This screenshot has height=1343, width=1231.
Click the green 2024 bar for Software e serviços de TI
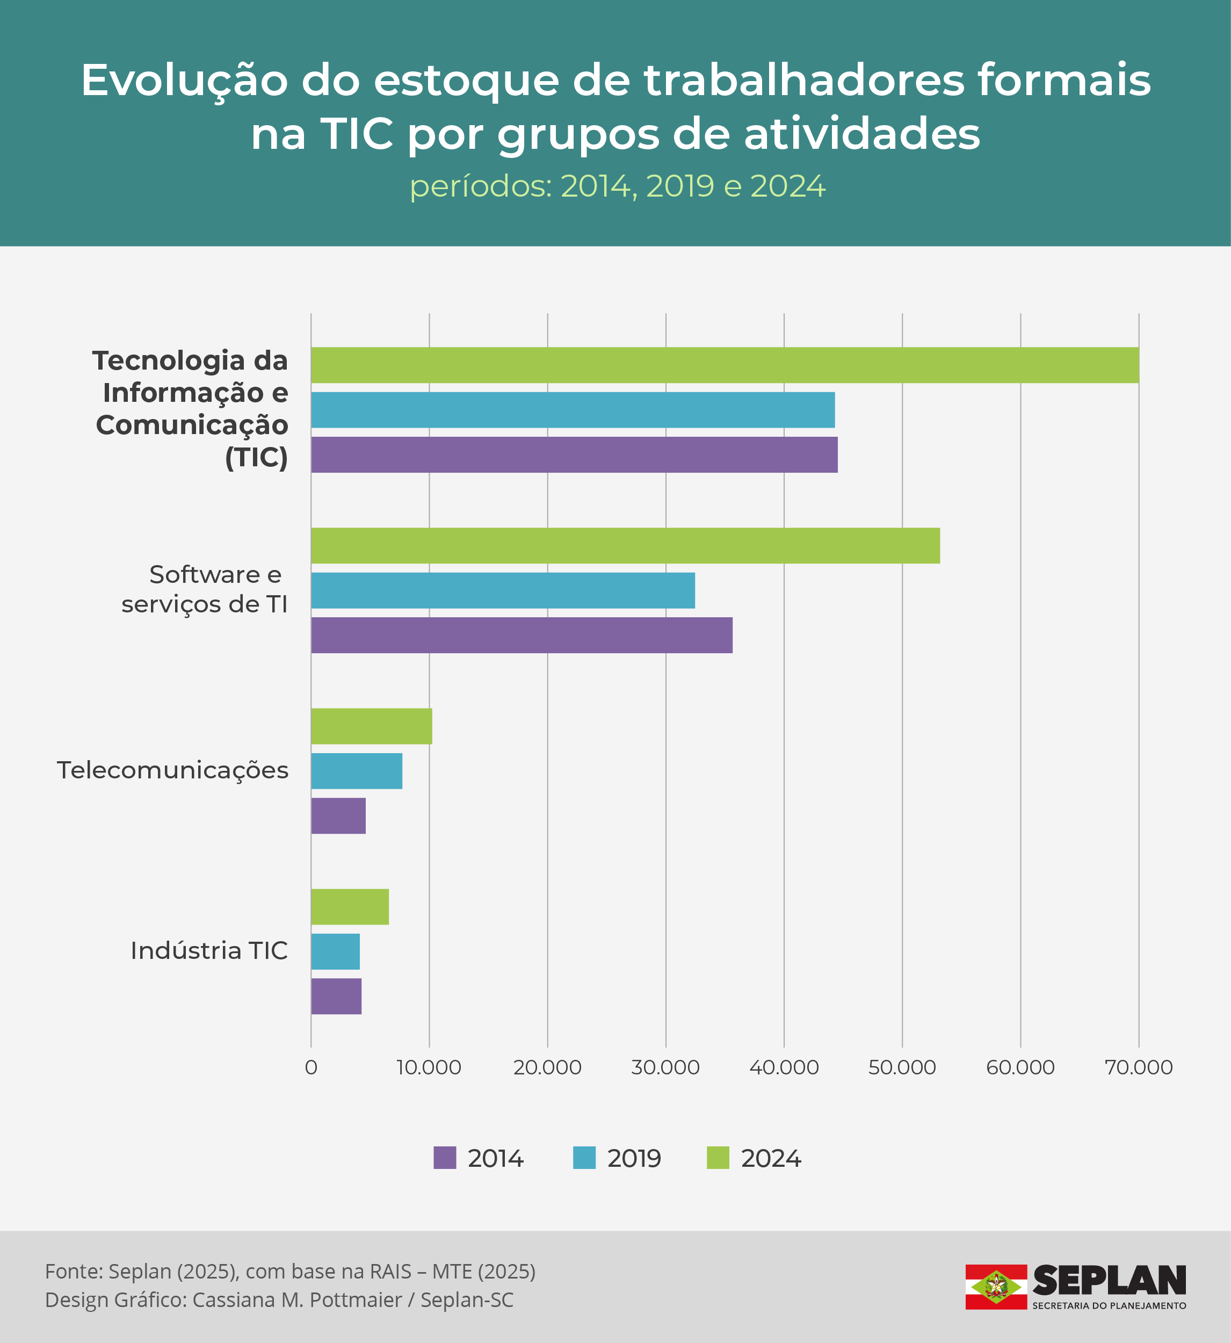(x=625, y=546)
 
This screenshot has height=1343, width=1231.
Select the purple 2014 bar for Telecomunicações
(x=338, y=815)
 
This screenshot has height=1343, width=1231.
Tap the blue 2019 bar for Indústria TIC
(x=335, y=951)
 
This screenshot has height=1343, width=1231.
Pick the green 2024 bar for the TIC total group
(x=724, y=365)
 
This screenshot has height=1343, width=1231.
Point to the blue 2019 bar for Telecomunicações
(x=357, y=771)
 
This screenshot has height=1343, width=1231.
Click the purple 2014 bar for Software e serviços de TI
(x=522, y=635)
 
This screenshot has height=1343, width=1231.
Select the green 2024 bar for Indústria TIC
(x=350, y=907)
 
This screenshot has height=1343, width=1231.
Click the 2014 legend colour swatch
(x=444, y=1158)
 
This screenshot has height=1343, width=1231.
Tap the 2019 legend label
(x=633, y=1158)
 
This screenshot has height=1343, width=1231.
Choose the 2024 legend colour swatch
(x=718, y=1158)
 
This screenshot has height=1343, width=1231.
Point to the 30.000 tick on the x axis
(x=665, y=1067)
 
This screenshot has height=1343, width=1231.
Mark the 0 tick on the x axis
(x=310, y=1067)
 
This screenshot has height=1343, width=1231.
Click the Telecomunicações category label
(x=172, y=770)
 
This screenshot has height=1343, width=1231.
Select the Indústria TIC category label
(x=209, y=951)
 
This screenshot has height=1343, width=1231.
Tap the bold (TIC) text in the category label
(x=257, y=458)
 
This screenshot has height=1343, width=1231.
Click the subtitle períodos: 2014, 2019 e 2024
(x=618, y=186)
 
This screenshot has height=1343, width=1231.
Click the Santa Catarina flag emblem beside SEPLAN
(x=996, y=1287)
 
